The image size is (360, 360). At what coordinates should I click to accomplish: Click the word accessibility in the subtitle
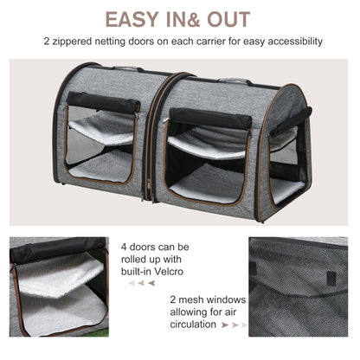coord(290,42)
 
